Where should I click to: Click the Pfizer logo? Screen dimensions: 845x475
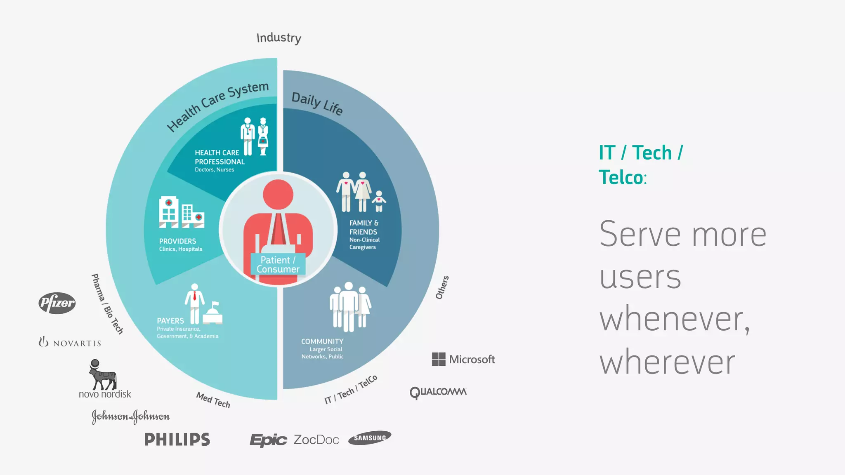point(57,303)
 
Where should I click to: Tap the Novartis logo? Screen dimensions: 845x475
point(70,342)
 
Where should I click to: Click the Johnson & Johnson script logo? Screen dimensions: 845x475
point(130,416)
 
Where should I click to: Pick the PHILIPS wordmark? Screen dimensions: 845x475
point(177,440)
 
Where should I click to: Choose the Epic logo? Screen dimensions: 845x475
point(268,440)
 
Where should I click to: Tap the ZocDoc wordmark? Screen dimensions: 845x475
point(316,440)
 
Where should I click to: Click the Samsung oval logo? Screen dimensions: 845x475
point(370,438)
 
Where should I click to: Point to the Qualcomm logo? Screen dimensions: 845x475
point(438,392)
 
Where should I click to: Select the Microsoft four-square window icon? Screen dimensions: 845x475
point(439,359)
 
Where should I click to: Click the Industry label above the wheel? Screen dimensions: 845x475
point(279,38)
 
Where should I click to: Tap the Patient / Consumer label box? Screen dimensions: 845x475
point(278,264)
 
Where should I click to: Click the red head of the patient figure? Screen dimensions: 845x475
point(278,194)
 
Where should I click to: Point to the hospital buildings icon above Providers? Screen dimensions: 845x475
point(181,212)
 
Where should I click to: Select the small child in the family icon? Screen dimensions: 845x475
point(379,201)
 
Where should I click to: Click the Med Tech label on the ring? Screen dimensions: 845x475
point(213,400)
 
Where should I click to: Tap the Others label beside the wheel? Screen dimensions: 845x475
point(442,287)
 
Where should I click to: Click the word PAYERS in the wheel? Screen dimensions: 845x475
point(170,320)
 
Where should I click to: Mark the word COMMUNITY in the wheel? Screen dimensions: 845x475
point(322,341)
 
